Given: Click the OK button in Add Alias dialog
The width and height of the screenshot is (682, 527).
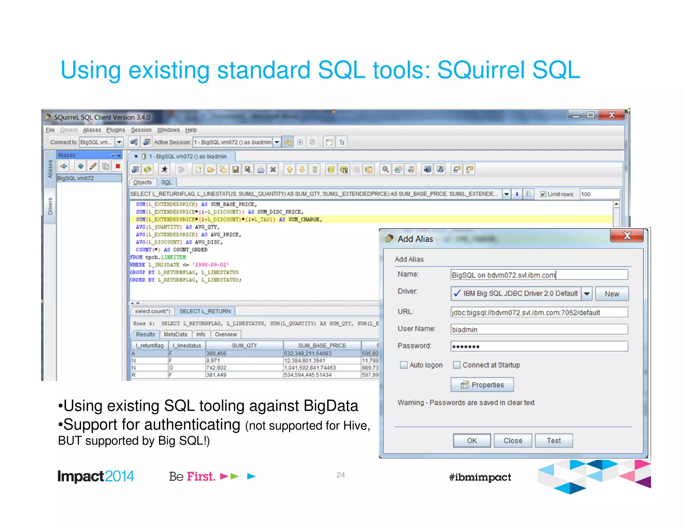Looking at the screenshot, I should (472, 440).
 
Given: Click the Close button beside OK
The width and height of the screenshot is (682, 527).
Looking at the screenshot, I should (512, 440).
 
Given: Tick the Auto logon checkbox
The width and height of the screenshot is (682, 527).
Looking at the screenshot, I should (404, 365).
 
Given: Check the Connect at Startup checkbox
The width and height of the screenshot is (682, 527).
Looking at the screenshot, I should (457, 365).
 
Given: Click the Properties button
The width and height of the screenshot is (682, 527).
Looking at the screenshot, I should (482, 385).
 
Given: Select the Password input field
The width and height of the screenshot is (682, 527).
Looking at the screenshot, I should (539, 346).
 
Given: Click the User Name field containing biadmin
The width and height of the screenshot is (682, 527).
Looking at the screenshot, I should (539, 329).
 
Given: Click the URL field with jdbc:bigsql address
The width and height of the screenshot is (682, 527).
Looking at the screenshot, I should (539, 312).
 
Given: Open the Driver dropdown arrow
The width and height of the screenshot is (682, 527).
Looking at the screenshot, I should (587, 293).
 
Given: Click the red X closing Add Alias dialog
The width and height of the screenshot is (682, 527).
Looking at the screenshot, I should (627, 236).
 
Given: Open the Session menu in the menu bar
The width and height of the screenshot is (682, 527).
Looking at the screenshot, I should (141, 130).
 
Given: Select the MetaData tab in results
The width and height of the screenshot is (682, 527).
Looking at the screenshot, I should (175, 334).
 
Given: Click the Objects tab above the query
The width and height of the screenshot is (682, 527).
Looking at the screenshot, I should (142, 182).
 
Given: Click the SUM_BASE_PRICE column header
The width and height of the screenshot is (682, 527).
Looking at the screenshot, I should (322, 345).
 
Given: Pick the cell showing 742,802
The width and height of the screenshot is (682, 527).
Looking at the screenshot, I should (216, 368).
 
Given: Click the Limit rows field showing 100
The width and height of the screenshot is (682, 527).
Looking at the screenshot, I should (599, 194).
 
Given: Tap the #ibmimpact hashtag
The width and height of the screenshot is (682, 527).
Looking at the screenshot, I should (480, 477).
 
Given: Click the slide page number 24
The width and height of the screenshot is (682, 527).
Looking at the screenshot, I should (340, 475).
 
